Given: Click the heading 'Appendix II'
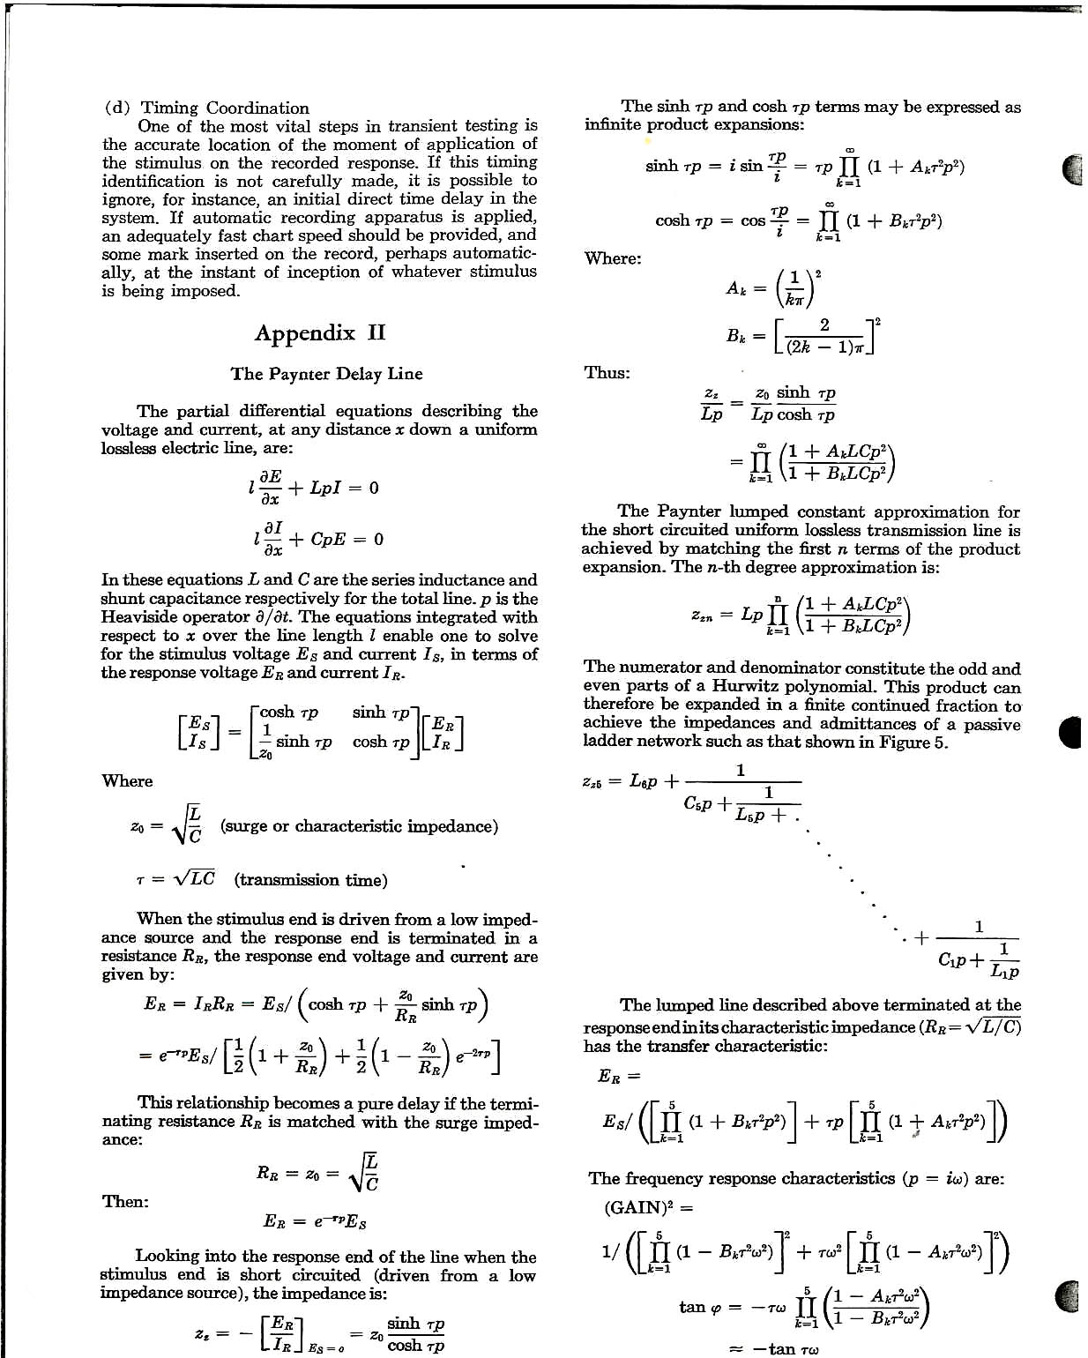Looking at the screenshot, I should point(320,333).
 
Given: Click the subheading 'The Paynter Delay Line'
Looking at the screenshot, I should point(326,374).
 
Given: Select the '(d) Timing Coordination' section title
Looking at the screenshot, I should point(207,108).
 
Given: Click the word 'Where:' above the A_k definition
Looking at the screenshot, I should point(613,258).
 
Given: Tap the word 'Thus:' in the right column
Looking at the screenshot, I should point(607,372).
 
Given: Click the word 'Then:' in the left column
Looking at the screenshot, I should point(125,1202).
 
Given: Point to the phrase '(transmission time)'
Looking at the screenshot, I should point(310,880).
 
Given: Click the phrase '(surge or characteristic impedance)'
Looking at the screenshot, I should point(359,826).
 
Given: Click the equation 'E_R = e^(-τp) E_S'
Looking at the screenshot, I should point(315,1222).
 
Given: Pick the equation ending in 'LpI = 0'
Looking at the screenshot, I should point(314,488).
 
